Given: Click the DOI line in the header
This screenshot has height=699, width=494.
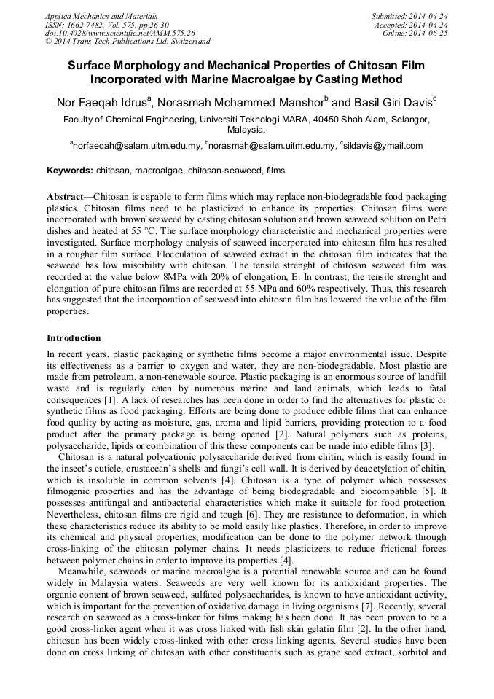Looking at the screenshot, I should [120, 33].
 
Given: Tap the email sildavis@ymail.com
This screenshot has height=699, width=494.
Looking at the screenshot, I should [383, 147].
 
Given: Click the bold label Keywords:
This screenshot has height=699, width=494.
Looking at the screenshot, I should [69, 171].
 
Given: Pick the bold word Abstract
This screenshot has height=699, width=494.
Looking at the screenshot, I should [65, 198].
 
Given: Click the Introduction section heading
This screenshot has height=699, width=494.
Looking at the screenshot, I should [74, 338].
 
